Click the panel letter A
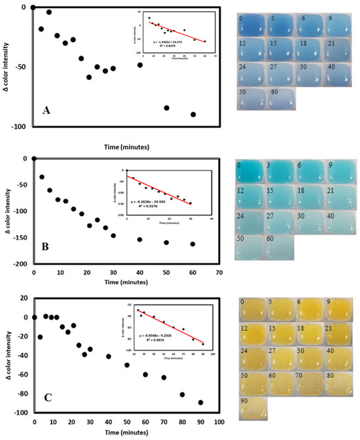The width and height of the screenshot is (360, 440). tap(46, 111)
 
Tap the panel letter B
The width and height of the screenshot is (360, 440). tap(46, 248)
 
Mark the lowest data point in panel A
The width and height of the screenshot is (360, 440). tap(193, 114)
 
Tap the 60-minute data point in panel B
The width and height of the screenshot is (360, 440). tap(192, 244)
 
